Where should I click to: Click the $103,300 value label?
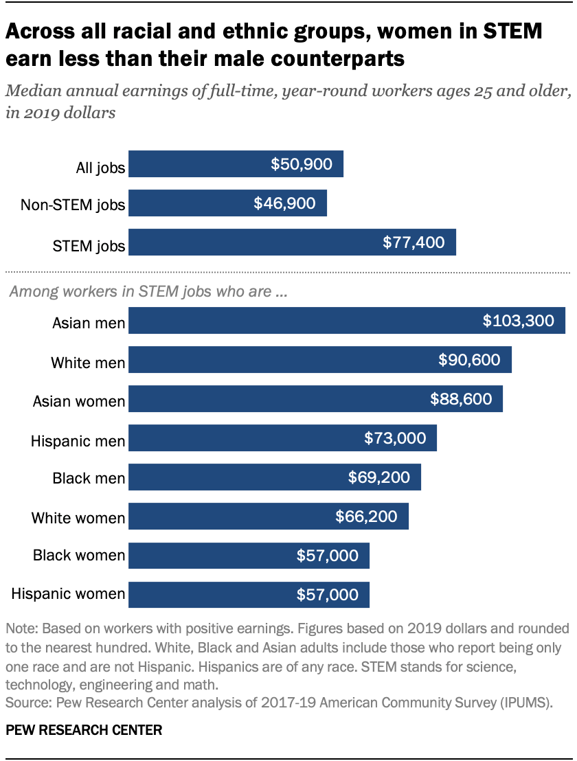pos(518,320)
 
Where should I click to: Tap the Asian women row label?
pos(79,400)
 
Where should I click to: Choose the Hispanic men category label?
pos(78,440)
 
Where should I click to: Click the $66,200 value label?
pos(366,516)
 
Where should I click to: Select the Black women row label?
pos(79,555)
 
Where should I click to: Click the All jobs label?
pos(100,166)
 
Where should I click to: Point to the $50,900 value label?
pos(301,164)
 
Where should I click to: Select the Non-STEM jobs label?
pos(73,205)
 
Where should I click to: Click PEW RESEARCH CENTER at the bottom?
pos(84,730)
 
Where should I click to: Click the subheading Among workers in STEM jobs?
pos(147,291)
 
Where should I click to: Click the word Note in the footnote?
pos(19,628)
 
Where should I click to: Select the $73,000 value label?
pos(395,438)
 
